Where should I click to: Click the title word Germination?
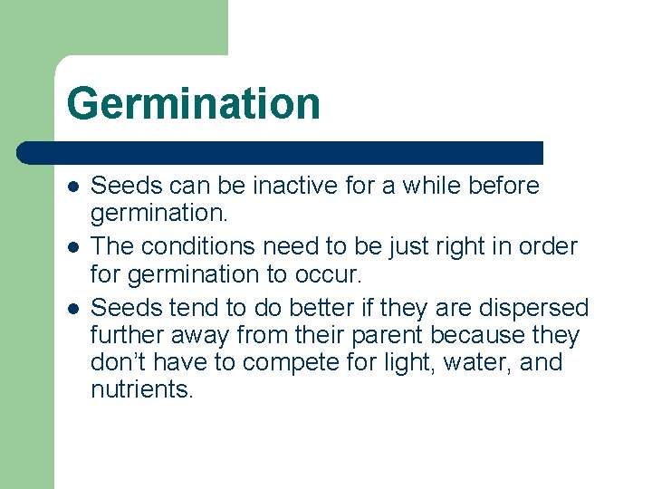[x=193, y=102]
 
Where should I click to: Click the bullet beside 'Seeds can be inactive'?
[x=73, y=187]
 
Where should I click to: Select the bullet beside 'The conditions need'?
[x=73, y=246]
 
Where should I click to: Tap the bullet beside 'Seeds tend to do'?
[x=73, y=308]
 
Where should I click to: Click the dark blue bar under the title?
[x=281, y=152]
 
